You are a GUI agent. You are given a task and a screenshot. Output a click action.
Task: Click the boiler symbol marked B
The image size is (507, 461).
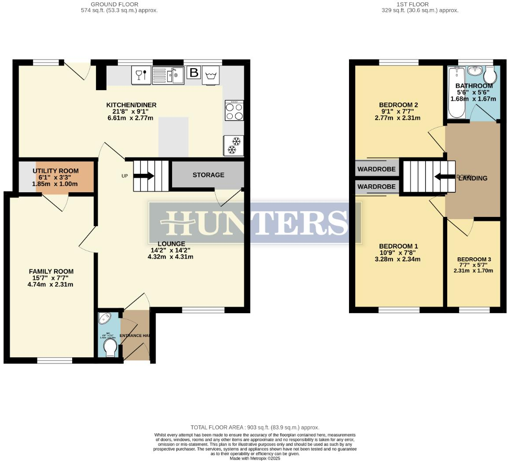[193, 73]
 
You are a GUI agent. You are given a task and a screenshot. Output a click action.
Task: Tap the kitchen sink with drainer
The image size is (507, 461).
[168, 76]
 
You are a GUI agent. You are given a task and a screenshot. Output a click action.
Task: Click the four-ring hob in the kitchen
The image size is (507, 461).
[234, 110]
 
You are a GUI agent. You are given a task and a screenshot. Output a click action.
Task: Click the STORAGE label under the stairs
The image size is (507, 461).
[208, 175]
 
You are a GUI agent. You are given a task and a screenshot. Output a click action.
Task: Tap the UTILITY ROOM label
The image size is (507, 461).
[56, 171]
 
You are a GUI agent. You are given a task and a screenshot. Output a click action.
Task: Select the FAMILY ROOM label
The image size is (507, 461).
[51, 271]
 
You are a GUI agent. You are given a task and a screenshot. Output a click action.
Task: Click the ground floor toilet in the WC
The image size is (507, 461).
[110, 349]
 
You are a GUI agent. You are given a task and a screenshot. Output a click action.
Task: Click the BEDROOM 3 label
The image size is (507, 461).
[474, 260]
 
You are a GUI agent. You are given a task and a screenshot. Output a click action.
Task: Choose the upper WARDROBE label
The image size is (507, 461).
[376, 169]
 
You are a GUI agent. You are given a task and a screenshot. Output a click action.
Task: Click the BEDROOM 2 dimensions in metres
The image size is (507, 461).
[397, 118]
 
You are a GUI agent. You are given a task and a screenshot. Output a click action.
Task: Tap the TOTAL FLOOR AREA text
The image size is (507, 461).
[255, 427]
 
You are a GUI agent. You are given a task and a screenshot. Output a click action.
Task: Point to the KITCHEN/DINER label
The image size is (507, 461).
[131, 105]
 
